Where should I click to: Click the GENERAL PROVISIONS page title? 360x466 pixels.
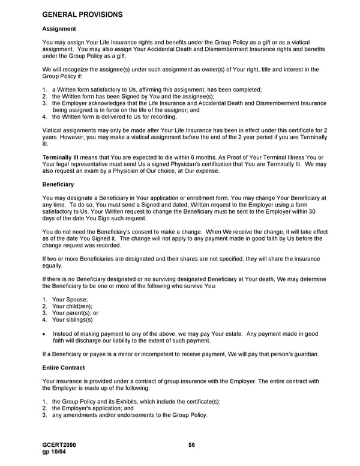(x=83, y=14)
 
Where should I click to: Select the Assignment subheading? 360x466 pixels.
(x=59, y=29)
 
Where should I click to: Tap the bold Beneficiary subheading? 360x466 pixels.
(x=58, y=184)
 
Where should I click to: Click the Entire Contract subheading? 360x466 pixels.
(x=64, y=368)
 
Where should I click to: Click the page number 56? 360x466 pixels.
(x=192, y=445)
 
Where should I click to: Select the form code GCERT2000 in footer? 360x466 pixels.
(x=59, y=445)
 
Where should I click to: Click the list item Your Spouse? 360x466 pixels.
(x=70, y=300)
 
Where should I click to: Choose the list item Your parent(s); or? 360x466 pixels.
(x=75, y=313)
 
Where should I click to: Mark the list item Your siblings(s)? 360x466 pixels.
(x=73, y=319)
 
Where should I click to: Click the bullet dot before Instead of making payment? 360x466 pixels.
(x=45, y=334)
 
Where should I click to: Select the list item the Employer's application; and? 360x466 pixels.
(x=92, y=408)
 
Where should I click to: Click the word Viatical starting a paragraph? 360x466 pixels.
(x=53, y=130)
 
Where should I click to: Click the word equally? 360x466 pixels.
(x=53, y=265)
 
